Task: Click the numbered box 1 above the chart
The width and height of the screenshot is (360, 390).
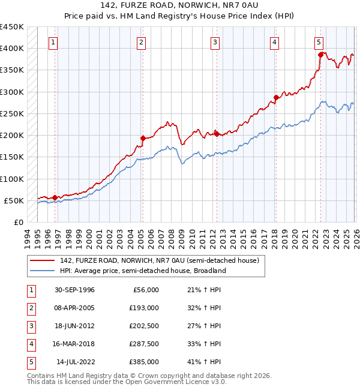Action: click(x=54, y=42)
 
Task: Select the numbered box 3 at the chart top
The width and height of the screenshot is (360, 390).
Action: click(x=215, y=42)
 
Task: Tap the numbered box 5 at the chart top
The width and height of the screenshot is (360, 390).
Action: click(x=319, y=42)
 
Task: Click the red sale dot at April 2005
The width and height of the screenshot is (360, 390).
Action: click(x=143, y=138)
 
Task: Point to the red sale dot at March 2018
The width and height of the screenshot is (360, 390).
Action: click(x=275, y=97)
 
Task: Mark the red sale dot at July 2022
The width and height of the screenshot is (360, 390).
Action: click(x=320, y=55)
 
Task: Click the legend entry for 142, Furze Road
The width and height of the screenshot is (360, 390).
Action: click(x=159, y=260)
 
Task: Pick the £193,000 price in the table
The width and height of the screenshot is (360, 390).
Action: click(x=145, y=308)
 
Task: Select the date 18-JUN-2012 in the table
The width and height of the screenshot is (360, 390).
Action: click(x=74, y=326)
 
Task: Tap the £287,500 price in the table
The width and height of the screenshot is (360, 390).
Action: click(x=145, y=344)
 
